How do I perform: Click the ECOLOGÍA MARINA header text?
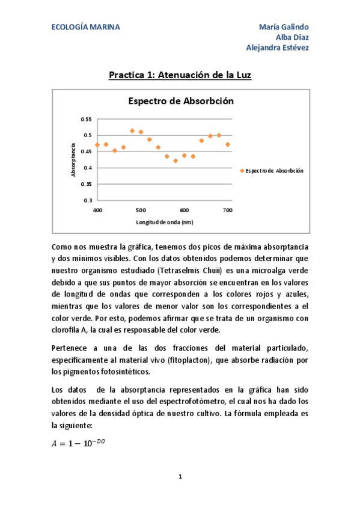tap(85, 28)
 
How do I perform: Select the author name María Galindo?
tap(284, 28)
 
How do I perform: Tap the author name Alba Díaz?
tap(292, 38)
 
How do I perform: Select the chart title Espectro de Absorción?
tap(180, 102)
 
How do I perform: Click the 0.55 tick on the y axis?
tap(87, 119)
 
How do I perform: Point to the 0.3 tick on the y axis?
tap(88, 200)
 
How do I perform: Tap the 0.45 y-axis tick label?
tap(87, 152)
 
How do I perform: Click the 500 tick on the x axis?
tap(141, 210)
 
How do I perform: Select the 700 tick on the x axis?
tap(227, 210)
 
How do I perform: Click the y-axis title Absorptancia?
tap(73, 160)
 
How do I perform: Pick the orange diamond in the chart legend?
tap(242, 171)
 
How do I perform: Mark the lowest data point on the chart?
tap(175, 161)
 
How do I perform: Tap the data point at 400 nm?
tap(97, 145)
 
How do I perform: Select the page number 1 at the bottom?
tap(180, 477)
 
